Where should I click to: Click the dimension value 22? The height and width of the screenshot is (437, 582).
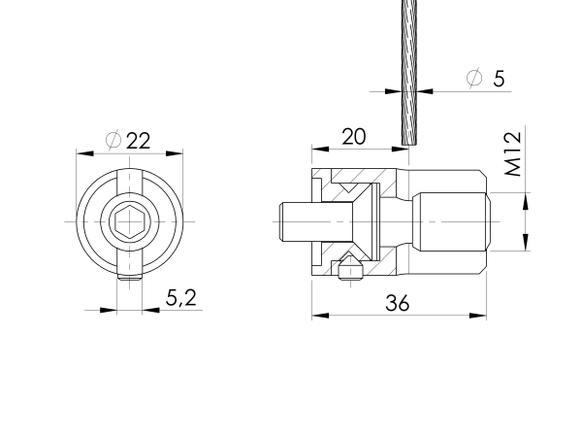coord(139,140)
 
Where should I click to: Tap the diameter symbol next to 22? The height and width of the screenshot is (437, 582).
coord(113,140)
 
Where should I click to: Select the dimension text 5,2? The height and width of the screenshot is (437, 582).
coord(180,298)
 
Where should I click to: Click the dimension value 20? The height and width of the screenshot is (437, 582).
coord(354,136)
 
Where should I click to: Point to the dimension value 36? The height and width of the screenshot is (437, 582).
coord(397,303)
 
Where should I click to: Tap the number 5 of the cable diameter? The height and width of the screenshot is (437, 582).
coord(499,79)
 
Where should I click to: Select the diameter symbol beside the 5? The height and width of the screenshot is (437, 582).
coord(474,79)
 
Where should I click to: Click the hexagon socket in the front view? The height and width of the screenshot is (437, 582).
coord(129,222)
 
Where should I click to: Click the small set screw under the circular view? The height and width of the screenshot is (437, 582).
coord(129,279)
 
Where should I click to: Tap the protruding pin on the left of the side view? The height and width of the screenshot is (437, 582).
coord(292,222)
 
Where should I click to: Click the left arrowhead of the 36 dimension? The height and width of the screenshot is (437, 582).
coord(316,315)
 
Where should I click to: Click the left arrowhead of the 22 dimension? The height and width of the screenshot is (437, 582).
coord(81,152)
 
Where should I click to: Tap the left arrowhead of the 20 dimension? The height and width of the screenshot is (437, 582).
coord(316,149)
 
